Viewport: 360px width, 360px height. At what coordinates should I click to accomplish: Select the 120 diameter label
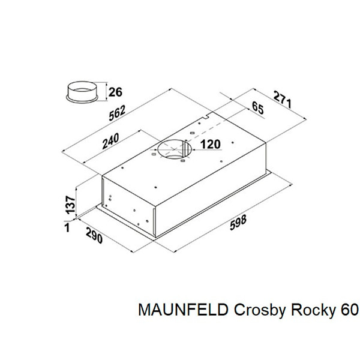point(210,145)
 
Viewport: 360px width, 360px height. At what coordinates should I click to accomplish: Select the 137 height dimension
point(70,205)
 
